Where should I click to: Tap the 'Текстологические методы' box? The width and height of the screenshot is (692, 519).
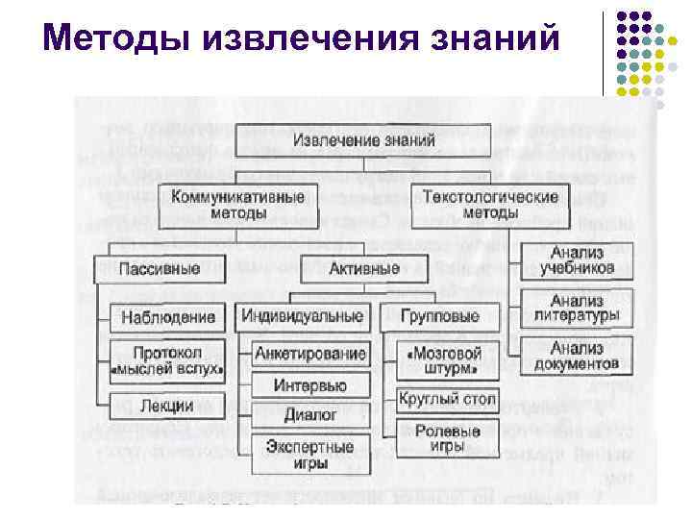click(490, 204)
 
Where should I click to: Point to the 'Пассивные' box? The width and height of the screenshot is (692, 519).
click(159, 268)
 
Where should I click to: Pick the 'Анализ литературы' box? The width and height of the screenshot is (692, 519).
click(578, 308)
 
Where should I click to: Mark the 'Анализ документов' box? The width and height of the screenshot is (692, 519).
click(578, 357)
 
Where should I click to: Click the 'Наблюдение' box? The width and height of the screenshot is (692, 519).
click(168, 317)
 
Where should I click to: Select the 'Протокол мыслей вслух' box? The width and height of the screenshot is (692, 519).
click(166, 360)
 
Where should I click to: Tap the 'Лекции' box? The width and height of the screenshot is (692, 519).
click(166, 407)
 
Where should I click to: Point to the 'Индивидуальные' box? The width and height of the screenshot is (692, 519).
click(303, 316)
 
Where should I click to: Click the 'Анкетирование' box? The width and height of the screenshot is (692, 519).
click(310, 354)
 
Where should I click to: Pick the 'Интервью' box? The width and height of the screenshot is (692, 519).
click(310, 385)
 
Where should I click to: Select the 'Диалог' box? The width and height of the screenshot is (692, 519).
click(310, 415)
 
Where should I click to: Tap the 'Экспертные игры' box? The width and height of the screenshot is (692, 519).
click(310, 455)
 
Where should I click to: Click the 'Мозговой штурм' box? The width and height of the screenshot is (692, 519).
click(447, 361)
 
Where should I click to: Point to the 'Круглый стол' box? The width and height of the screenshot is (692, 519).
click(447, 398)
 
